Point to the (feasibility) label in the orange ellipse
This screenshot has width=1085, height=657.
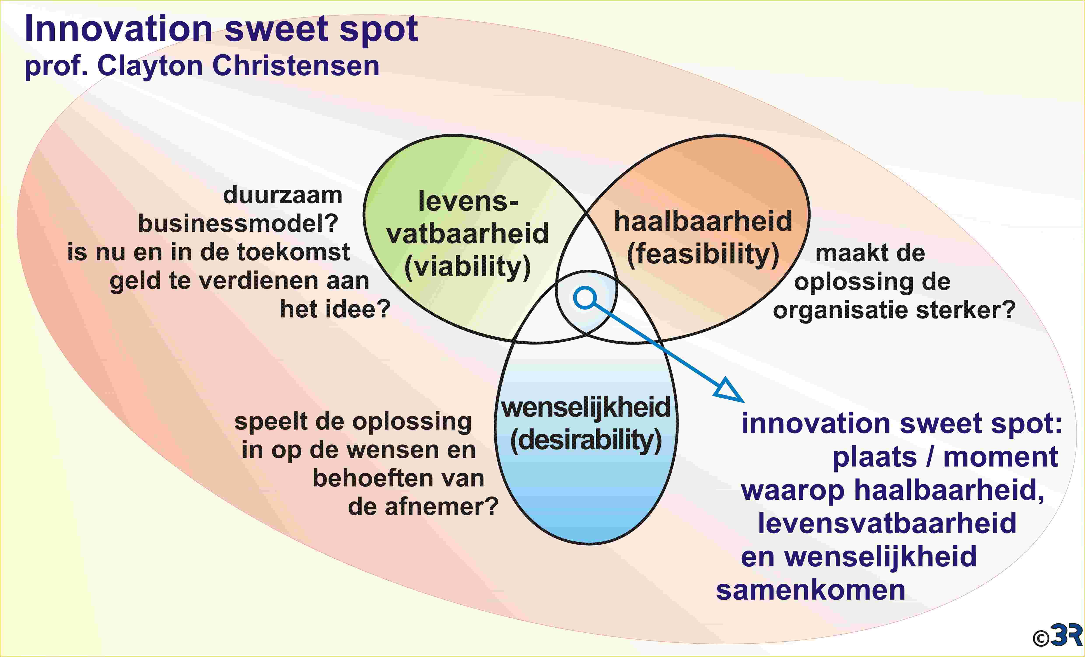[703, 255]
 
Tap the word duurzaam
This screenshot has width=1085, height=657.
[283, 195]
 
